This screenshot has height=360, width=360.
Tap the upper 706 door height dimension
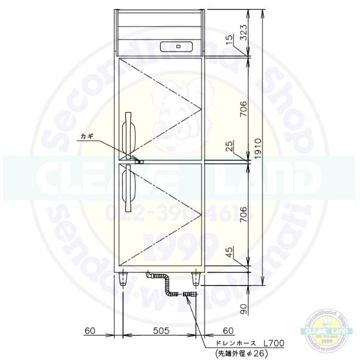pyautogui.click(x=243, y=107)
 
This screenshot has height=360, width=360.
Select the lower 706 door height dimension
pyautogui.click(x=243, y=213)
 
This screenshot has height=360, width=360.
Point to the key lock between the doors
pyautogui.click(x=139, y=160)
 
